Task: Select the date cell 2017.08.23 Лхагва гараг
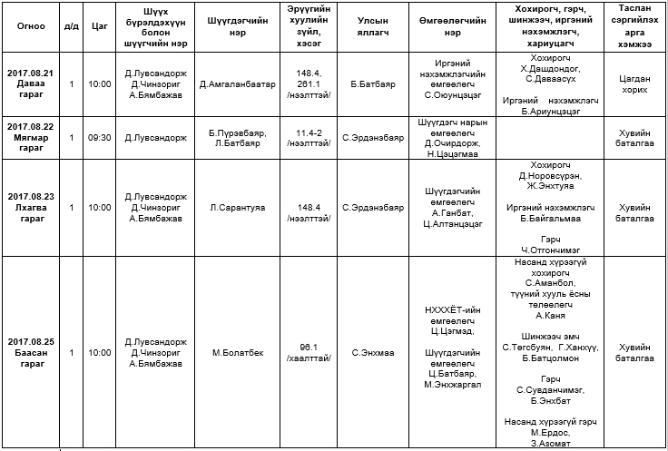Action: pos(31,207)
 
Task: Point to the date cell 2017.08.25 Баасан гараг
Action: pos(31,352)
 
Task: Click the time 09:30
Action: pos(101,138)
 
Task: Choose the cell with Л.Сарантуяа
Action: pos(237,207)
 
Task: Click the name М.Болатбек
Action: pos(237,352)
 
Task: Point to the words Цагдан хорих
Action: pos(634,83)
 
